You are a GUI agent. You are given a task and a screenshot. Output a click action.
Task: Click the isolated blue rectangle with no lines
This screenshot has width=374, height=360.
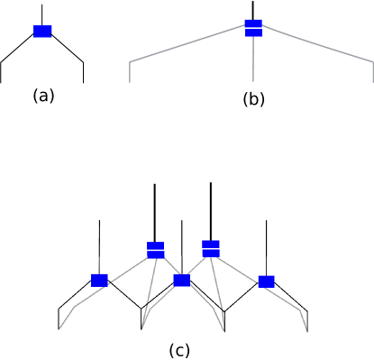(42, 32)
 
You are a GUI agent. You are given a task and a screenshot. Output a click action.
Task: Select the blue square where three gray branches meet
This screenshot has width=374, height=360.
(253, 28)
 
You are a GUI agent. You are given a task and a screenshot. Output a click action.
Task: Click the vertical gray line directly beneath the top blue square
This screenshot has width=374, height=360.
(253, 60)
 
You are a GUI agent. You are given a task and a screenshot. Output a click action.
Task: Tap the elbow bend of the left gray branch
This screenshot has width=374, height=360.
(129, 62)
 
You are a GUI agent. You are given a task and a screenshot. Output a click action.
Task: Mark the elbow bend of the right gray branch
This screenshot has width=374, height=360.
(372, 62)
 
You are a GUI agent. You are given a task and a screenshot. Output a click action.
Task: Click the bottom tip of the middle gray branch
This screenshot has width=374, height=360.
(253, 81)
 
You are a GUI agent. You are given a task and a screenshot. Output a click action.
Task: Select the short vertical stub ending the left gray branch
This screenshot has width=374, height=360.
(129, 73)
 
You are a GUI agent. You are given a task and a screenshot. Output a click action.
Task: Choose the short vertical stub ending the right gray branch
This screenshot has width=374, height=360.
(372, 73)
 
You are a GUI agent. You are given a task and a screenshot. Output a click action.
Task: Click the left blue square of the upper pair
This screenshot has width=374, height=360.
(156, 250)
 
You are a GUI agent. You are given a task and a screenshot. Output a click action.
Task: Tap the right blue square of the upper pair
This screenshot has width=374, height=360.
(211, 248)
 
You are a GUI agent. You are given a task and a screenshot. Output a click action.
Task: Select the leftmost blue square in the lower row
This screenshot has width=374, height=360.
(99, 281)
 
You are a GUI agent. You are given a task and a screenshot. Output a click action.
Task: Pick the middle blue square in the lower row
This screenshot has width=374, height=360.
(182, 281)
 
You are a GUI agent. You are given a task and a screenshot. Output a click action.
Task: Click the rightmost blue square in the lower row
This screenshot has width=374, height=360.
(266, 282)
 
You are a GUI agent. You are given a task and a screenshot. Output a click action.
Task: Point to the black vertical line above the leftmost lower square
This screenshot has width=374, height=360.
(99, 265)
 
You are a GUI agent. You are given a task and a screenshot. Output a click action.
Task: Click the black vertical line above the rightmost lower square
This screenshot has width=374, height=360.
(266, 266)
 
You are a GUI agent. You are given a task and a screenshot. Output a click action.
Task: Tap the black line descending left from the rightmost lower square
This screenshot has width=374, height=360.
(243, 298)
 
